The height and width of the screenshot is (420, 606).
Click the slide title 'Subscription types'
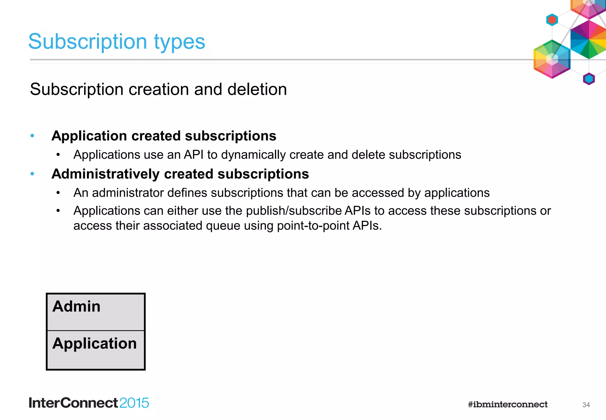tap(117, 41)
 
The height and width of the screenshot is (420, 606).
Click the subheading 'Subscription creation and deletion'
tap(158, 89)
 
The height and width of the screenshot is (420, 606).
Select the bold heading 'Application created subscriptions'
tap(164, 136)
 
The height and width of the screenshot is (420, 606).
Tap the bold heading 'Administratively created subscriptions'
tap(180, 174)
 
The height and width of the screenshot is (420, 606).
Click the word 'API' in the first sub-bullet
tap(194, 155)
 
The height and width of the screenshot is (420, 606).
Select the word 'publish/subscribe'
tap(294, 211)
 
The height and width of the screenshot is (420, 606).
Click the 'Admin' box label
tap(76, 306)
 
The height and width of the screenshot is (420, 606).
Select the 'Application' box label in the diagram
tap(94, 344)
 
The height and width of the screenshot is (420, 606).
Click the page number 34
tap(586, 405)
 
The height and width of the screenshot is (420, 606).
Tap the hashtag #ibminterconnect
tap(507, 405)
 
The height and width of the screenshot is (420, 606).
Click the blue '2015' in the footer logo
tap(134, 403)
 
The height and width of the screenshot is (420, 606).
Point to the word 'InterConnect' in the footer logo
tap(73, 403)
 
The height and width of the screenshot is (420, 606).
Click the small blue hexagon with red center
tap(552, 20)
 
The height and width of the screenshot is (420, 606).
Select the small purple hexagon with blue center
tap(589, 79)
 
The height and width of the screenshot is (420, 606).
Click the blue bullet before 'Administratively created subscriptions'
tap(33, 174)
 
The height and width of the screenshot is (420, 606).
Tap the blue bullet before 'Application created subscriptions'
tap(33, 136)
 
